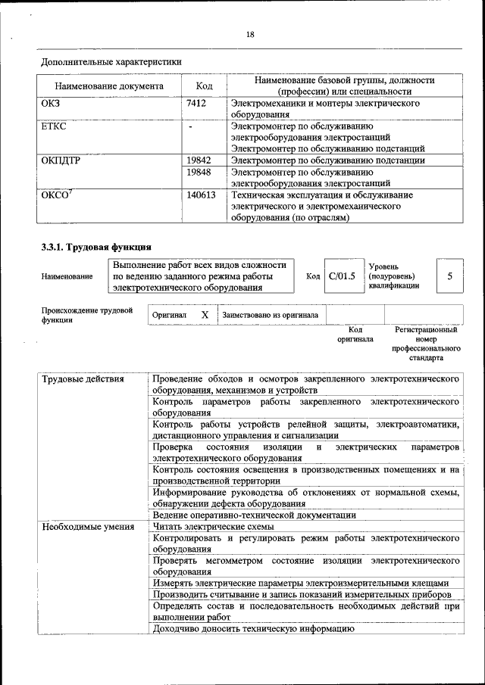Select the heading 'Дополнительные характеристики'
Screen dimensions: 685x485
111,61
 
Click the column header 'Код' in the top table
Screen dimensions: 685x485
204,86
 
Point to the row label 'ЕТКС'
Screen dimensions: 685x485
54,126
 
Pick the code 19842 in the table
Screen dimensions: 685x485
199,160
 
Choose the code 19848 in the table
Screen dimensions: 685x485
199,172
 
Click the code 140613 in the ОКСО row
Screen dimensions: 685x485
202,195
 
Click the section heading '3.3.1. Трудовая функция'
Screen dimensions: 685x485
96,247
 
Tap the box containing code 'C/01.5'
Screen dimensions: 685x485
340,276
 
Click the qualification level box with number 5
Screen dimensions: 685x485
449,276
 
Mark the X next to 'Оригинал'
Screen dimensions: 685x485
205,314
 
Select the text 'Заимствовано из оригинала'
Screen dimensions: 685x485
270,315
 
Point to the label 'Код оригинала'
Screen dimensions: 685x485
355,335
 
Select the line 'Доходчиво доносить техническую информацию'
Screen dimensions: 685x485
254,629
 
